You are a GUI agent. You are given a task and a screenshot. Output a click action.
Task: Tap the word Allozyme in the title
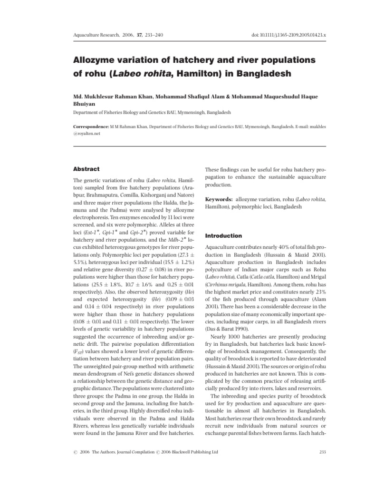pyautogui.click(x=90, y=60)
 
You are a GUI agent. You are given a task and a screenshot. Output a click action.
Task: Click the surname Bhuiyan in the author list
pyautogui.click(x=84, y=104)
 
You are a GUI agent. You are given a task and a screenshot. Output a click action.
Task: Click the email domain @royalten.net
pyautogui.click(x=88, y=135)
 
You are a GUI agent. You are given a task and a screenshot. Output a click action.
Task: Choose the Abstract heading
pyautogui.click(x=86, y=169)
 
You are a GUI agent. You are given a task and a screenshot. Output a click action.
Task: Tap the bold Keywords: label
pyautogui.click(x=220, y=200)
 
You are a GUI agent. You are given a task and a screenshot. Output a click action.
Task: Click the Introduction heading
pyautogui.click(x=223, y=235)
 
